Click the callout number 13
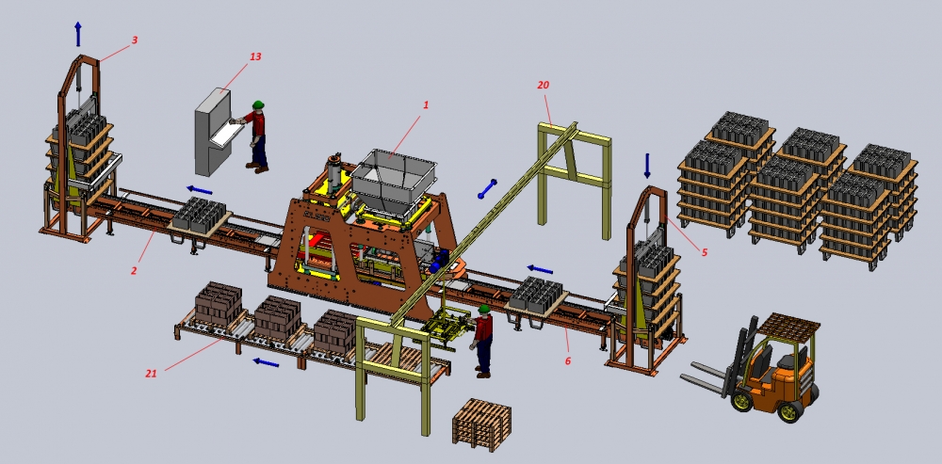point(255,56)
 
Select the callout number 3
point(135,40)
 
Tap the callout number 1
point(426,104)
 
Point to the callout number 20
point(544,86)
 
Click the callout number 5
point(704,253)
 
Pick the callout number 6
point(568,360)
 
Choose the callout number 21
point(151,374)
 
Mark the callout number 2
point(134,271)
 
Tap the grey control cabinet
point(213,131)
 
